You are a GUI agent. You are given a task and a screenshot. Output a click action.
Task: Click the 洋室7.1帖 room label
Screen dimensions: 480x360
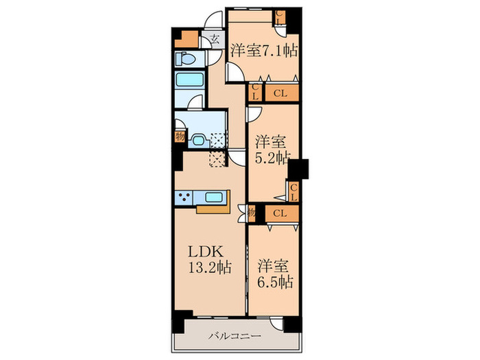coord(264,51)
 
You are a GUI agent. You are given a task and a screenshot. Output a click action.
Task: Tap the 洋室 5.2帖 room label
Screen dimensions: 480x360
coord(272,150)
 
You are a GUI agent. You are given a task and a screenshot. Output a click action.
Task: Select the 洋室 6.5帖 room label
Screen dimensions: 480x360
coord(274,274)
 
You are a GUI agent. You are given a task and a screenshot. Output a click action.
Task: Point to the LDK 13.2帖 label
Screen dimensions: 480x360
coord(209,260)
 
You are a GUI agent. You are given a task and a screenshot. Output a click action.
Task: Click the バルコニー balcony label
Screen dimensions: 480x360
coord(235,336)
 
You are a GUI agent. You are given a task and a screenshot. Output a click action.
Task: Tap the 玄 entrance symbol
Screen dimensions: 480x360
coord(215,39)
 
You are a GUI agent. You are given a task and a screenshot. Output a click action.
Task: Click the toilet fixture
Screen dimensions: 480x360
coord(186,58)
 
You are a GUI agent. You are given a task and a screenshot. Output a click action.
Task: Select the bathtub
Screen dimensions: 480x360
coord(190,80)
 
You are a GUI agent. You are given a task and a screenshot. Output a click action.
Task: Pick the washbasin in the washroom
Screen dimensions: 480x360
coord(200,141)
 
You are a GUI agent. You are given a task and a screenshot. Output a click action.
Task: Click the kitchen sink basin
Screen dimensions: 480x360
coord(214,197)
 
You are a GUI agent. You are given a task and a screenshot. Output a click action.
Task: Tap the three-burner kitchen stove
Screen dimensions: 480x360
coord(183,197)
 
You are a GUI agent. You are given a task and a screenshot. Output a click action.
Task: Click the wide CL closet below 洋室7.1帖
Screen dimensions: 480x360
coord(281,93)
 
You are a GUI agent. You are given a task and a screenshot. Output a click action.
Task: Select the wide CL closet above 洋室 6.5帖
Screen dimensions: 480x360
coord(281,213)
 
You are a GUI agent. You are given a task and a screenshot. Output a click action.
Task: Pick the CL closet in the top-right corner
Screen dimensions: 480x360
coord(280,17)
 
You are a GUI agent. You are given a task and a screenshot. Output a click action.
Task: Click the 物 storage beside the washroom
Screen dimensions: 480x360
coord(180,136)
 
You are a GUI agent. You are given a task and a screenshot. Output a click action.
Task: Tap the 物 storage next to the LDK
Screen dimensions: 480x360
coord(252,212)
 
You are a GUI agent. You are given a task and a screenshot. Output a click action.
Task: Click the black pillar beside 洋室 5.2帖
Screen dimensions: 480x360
coord(298,169)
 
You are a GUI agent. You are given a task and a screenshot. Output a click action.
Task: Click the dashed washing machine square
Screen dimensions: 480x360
coord(217,140)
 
